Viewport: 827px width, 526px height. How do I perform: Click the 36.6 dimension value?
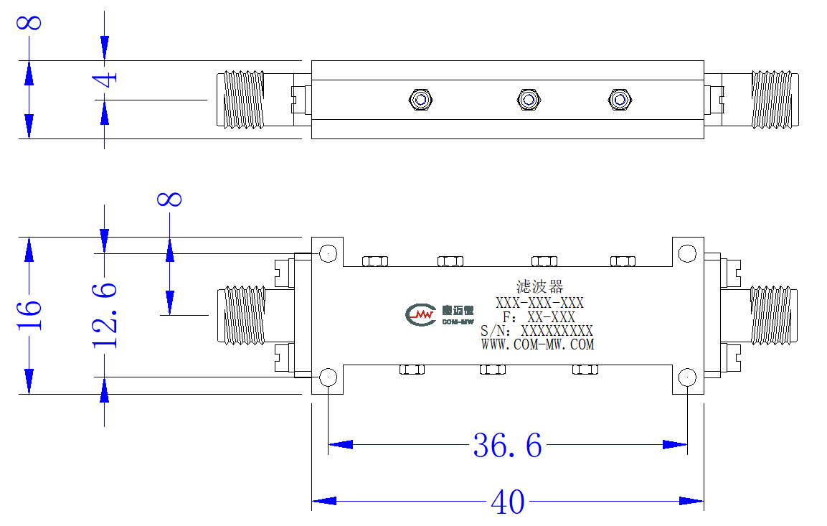coord(507,446)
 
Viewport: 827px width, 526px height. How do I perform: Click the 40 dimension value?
coord(507,502)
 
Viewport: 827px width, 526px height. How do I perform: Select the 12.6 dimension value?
coord(105,316)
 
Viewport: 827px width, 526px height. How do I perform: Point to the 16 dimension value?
coord(29,316)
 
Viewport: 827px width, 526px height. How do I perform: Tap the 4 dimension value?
coord(105,80)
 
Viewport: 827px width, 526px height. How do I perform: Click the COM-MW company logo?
coord(440,314)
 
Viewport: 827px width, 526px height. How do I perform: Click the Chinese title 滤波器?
coord(539,286)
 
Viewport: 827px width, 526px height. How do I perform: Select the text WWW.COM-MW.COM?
coord(537,344)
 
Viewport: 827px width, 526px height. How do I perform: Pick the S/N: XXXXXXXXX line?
coord(537,331)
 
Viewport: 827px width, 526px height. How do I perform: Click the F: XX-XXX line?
coord(539,317)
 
